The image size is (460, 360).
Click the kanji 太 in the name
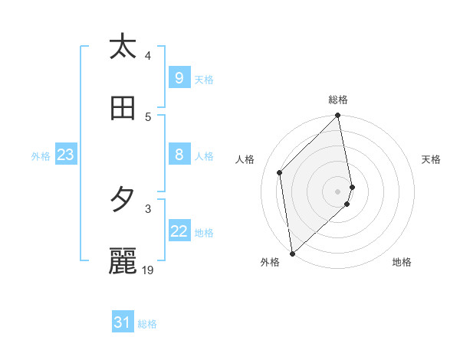[x=122, y=47]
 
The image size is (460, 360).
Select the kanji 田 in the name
[x=122, y=109]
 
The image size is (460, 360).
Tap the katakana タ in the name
[x=122, y=200]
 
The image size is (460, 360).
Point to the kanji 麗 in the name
[x=122, y=261]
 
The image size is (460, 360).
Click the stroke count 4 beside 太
[x=148, y=55]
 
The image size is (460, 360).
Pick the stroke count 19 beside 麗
[x=149, y=270]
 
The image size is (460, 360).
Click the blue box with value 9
[x=179, y=77]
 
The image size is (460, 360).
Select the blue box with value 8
[x=179, y=155]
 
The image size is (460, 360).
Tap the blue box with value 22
[x=179, y=231]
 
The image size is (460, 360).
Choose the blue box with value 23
[x=65, y=155]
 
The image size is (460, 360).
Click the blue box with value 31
[x=122, y=322]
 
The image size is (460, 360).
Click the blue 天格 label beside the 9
[x=204, y=79]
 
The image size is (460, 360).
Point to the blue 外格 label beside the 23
[x=41, y=156]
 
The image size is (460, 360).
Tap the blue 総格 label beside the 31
[x=147, y=324]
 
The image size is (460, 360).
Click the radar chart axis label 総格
[x=338, y=100]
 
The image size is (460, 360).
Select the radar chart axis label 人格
[x=245, y=159]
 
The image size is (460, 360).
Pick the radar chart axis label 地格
[x=402, y=262]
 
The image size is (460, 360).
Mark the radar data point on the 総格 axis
[x=338, y=116]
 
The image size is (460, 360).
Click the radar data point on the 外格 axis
[x=292, y=253]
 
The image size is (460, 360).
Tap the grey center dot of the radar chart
[x=338, y=191]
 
